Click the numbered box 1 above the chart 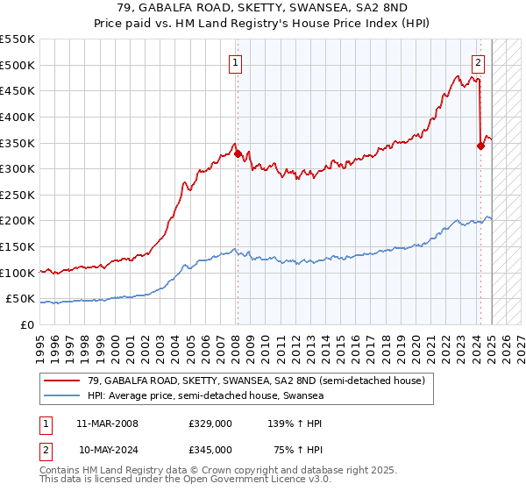click(237, 61)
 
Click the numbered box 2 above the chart click(479, 61)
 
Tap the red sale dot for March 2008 click(238, 153)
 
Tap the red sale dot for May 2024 click(480, 146)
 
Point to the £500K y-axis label click(18, 65)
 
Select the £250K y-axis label click(18, 196)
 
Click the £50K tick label click(22, 300)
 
